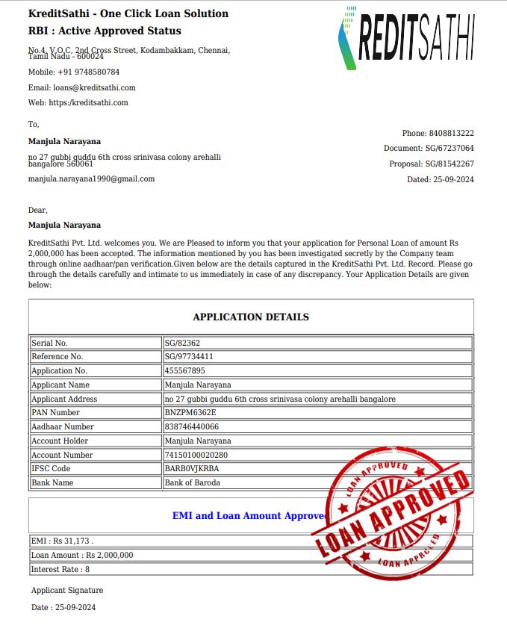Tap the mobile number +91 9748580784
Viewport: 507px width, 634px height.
pos(73,72)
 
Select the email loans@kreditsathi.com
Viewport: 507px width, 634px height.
pos(81,87)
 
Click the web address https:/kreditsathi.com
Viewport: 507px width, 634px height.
pos(78,103)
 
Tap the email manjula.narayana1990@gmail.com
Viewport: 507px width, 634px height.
pos(91,179)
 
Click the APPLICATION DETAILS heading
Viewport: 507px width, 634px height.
pos(251,317)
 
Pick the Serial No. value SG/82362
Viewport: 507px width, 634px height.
pos(182,343)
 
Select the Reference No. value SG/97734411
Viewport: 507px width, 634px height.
pos(189,357)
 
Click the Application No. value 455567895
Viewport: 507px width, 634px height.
pos(184,371)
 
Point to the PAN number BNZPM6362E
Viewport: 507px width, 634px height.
pos(190,413)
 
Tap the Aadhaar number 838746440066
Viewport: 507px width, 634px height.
pos(192,427)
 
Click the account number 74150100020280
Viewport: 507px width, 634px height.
pos(196,455)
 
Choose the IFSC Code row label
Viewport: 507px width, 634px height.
pos(51,469)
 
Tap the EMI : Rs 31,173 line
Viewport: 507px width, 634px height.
pos(62,541)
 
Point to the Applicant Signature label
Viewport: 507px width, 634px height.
pos(67,591)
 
